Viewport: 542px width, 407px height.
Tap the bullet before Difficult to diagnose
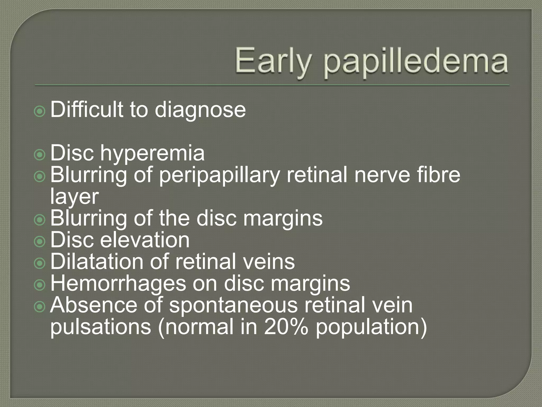(40, 112)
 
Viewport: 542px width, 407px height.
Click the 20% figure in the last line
(286, 327)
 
